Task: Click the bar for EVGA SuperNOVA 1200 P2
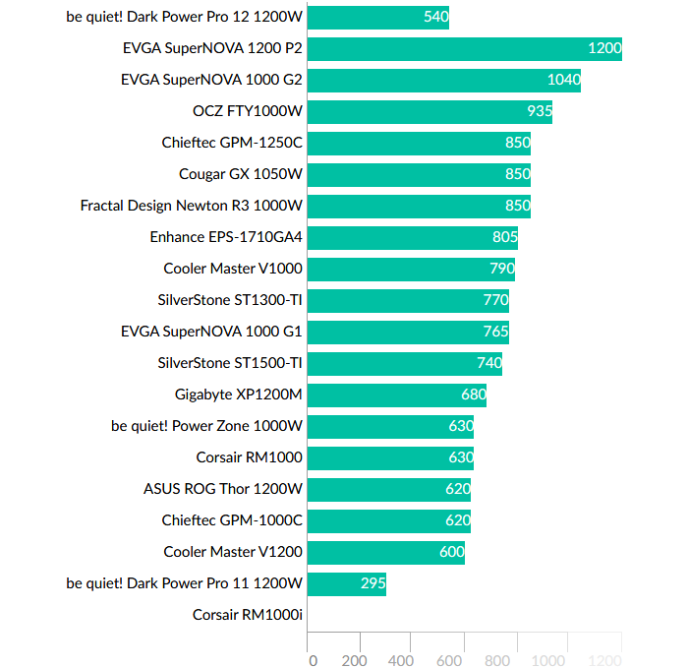pos(465,48)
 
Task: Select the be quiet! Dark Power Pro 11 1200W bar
pos(347,583)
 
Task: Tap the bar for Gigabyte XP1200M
pos(397,395)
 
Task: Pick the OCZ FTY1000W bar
pos(430,111)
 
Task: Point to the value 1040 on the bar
pos(563,80)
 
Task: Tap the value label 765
pos(495,332)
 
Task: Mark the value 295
pos(373,583)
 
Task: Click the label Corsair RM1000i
pos(248,615)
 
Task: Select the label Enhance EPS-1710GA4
pos(226,237)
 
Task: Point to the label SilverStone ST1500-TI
pos(230,363)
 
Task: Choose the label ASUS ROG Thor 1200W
pos(223,489)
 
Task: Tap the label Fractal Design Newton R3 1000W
pos(192,206)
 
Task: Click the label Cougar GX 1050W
pos(241,174)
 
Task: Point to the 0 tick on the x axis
pos(313,660)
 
